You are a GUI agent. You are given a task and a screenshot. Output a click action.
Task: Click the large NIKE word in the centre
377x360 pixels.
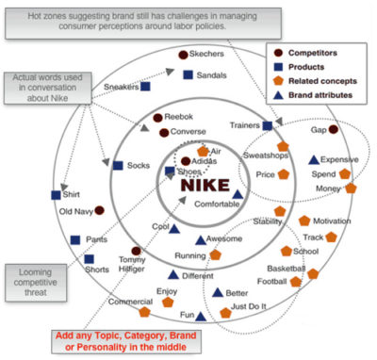pos(205,184)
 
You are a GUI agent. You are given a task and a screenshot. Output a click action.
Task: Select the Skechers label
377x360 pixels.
pos(207,56)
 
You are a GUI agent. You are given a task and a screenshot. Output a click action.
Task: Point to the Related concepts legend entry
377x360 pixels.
pos(324,81)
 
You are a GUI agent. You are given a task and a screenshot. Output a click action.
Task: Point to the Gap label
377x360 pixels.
pos(319,131)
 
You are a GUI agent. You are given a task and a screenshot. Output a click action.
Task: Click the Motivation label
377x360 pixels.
pos(331,221)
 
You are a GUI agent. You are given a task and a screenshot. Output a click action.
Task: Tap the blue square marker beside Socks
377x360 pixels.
pos(118,165)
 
